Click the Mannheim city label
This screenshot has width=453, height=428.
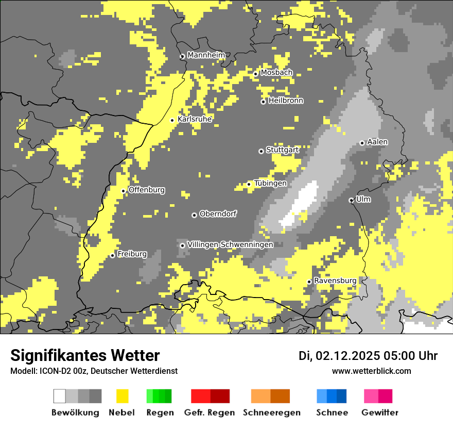coord(206,55)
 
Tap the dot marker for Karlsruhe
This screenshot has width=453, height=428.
coord(172,120)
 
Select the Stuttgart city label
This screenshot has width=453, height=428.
coord(282,150)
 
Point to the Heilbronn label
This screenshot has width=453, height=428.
coord(286,101)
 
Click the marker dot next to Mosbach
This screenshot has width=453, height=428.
coord(255,74)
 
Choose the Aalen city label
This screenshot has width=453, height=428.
coord(377,142)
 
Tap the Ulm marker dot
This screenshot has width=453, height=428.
coord(351,200)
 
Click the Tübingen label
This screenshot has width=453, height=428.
coord(270,183)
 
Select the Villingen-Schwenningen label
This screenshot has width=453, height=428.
coord(230,244)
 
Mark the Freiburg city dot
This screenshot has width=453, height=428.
coord(112,255)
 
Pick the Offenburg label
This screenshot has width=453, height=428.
coord(147,190)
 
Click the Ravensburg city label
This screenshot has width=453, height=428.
coord(335,281)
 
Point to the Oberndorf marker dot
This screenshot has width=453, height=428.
coord(194,215)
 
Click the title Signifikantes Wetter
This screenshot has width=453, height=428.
coord(85,355)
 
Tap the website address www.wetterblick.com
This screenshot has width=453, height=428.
coord(371,371)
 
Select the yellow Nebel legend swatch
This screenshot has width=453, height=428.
coord(122,396)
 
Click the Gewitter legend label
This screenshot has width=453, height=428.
coord(380,413)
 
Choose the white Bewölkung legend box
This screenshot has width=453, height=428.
coord(59,396)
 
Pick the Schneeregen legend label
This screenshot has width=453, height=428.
coord(272,413)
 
